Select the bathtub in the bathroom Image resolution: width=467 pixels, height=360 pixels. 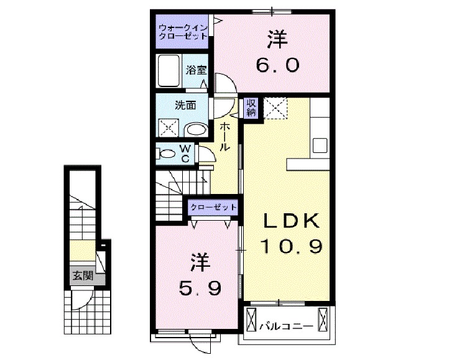click(169, 71)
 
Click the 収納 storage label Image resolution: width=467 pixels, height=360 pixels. click(251, 108)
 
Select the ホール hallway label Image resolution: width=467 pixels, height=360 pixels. click(224, 136)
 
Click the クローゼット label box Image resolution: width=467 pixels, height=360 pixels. click(212, 206)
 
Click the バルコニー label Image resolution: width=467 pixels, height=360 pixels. click(285, 324)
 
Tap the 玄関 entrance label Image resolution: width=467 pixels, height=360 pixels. click(81, 275)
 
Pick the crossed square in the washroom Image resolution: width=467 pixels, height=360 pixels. click(169, 127)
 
